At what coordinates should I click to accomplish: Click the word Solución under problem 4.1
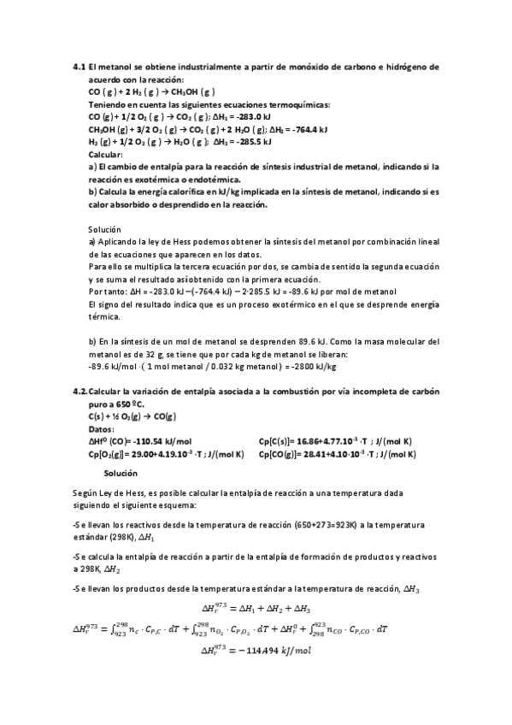point(105,230)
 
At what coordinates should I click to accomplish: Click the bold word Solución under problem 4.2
point(121,472)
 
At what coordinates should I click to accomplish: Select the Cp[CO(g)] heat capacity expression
point(337,454)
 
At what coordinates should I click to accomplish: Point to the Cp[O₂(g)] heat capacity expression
point(162,454)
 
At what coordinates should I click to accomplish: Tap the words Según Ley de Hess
point(111,493)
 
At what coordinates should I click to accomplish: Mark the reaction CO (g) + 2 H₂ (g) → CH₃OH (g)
point(151,91)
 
